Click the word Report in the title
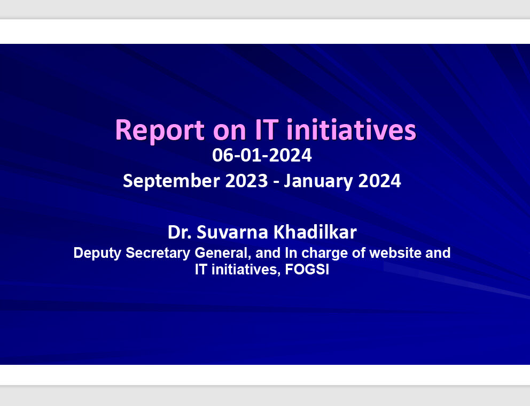(160, 131)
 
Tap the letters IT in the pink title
(267, 129)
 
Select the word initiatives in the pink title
(351, 129)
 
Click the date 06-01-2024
(262, 155)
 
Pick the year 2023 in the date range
(246, 181)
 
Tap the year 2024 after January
(379, 181)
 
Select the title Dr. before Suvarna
(180, 233)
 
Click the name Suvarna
(232, 233)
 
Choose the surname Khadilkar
(315, 232)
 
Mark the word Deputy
(97, 254)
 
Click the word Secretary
(158, 254)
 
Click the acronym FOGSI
(307, 270)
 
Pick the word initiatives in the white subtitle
(246, 270)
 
